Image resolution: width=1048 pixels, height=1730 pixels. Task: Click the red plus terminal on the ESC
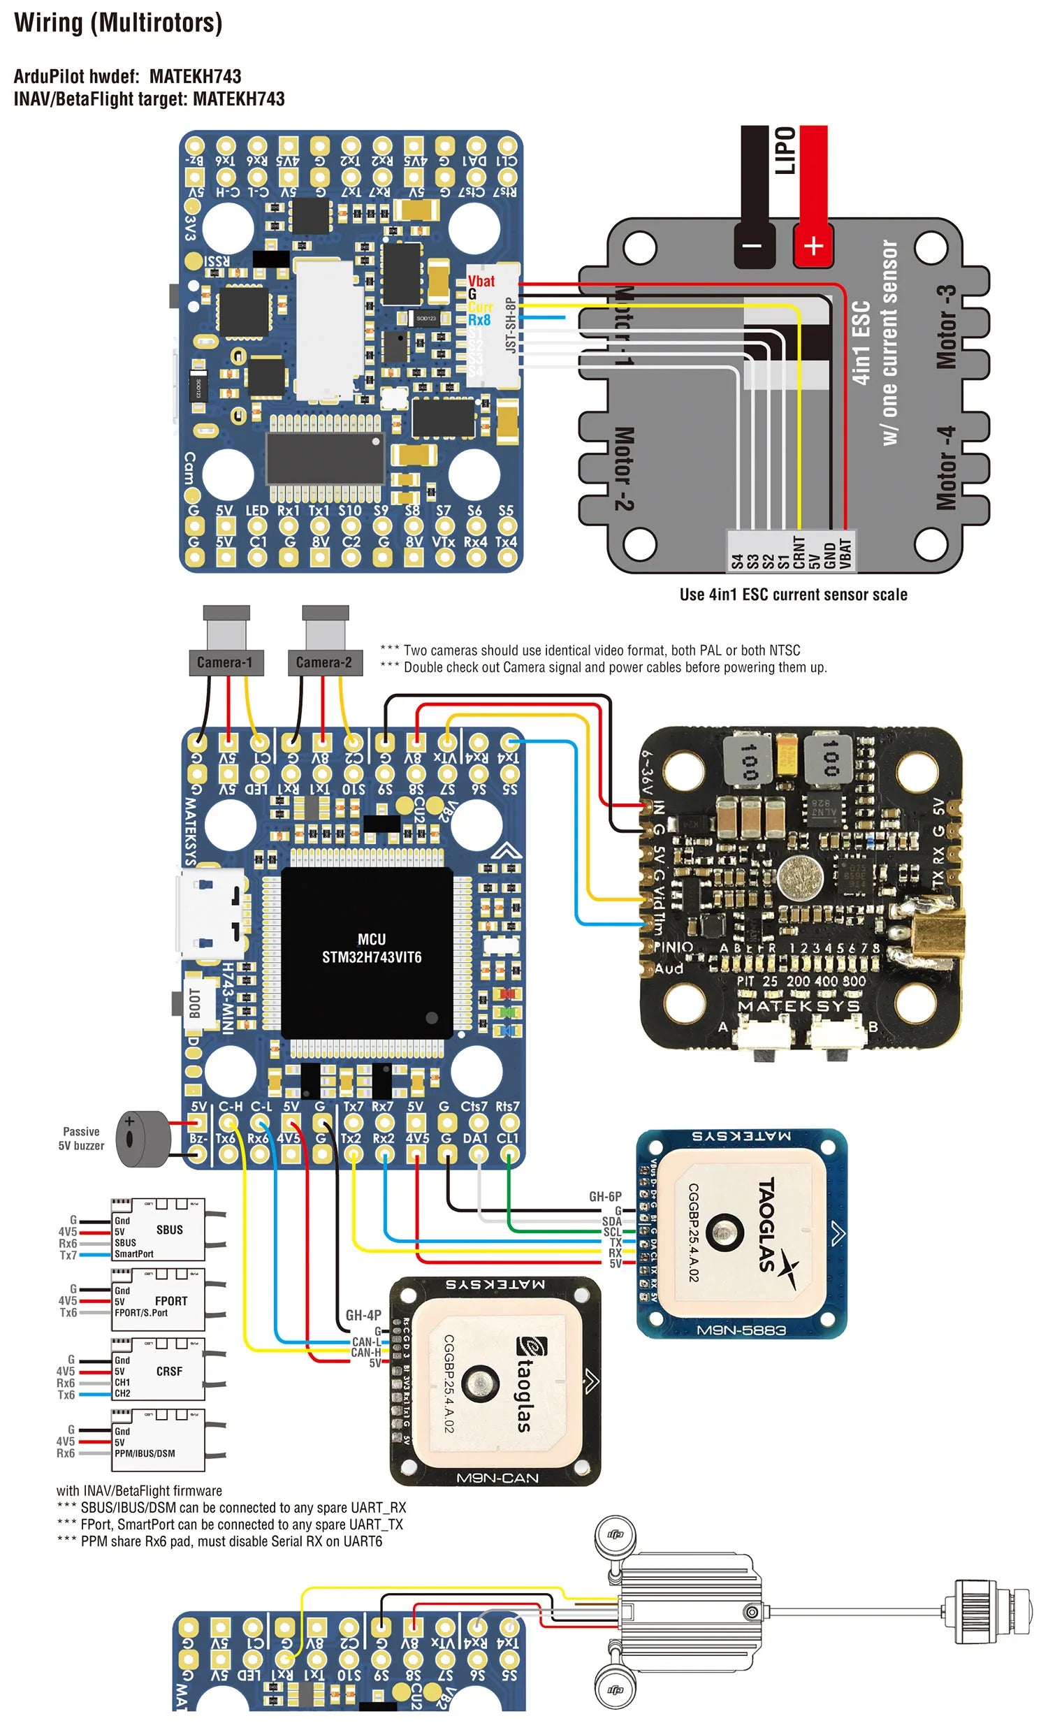(813, 246)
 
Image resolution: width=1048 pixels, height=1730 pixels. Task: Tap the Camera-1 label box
(225, 663)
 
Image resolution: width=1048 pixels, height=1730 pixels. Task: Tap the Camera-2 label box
(323, 663)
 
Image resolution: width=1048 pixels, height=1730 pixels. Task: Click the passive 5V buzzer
(143, 1139)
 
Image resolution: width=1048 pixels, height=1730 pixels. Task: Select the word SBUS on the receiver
(169, 1230)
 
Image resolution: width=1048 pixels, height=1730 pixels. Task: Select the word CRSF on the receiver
(169, 1372)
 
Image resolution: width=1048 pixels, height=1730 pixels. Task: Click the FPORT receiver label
(170, 1301)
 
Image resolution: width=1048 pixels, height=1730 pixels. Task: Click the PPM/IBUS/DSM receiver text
(145, 1453)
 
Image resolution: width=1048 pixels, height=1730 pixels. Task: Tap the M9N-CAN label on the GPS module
(497, 1478)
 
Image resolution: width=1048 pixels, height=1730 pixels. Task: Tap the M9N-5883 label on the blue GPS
(741, 1330)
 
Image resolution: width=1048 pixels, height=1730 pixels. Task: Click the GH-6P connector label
(604, 1196)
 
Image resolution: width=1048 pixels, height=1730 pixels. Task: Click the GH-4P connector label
(363, 1315)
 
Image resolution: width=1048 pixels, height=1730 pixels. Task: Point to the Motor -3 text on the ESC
(945, 326)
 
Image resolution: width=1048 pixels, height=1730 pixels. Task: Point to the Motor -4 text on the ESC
(945, 467)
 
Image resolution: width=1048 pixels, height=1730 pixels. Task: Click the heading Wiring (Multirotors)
(118, 22)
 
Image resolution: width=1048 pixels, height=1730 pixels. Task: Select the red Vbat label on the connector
(481, 282)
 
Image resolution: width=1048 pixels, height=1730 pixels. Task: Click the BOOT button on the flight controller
(194, 1003)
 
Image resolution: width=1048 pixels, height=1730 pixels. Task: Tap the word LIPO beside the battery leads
(785, 150)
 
